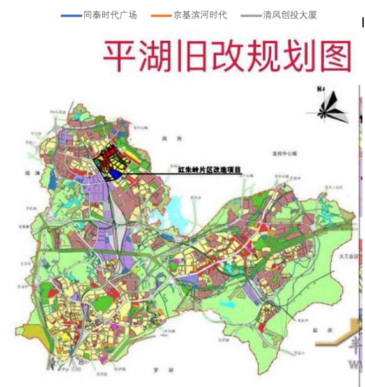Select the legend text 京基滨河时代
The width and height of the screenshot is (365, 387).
click(x=200, y=15)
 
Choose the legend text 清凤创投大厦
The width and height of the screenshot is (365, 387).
click(x=290, y=15)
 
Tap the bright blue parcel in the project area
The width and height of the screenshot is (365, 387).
click(x=115, y=172)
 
